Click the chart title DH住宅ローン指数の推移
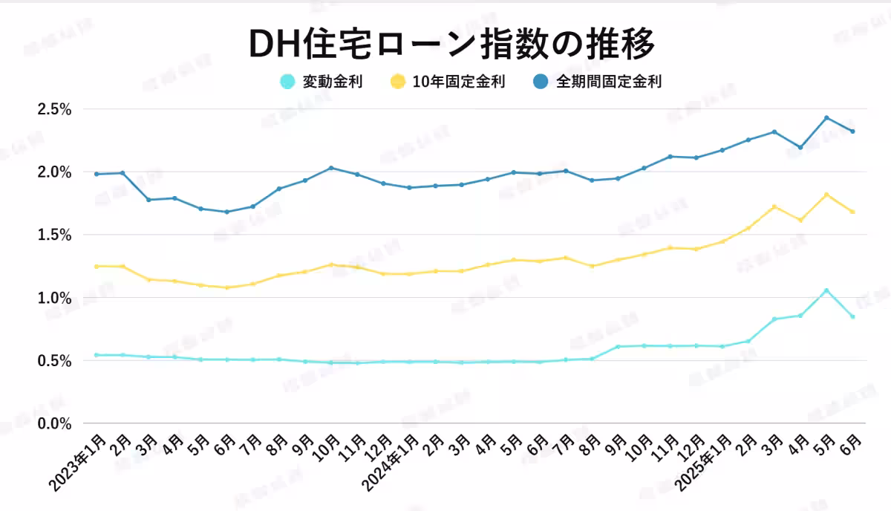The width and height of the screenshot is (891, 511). pos(451,45)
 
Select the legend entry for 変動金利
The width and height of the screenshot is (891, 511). pos(321,82)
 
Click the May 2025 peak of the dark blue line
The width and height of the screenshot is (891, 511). pos(826,117)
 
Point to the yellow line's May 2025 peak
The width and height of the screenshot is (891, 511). pos(826,195)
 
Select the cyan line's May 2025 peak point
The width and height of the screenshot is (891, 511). pos(826,290)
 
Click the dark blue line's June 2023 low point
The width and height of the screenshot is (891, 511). pos(226,212)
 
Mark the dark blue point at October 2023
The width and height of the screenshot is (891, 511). pos(331,168)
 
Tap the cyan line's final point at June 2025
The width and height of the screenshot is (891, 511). pos(852,317)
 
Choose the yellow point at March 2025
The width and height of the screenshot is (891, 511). pos(774,206)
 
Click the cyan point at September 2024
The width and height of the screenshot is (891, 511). pos(618,347)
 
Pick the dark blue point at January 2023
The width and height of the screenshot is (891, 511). pos(97,174)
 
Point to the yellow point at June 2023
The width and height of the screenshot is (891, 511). pos(226,287)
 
